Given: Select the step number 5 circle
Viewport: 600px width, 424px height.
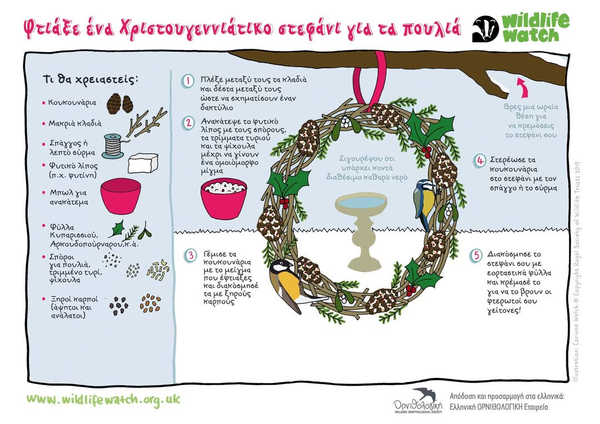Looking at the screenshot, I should point(476,256).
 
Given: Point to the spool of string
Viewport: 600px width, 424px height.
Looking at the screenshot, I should point(113,146).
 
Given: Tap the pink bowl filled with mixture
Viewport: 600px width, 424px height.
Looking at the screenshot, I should point(224,198).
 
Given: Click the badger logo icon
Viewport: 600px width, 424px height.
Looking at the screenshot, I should point(485,29).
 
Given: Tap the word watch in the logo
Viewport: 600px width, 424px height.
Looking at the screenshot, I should point(531,36).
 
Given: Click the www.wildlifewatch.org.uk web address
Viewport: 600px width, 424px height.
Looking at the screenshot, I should point(103,400).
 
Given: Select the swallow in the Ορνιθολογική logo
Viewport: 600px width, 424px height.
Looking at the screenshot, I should point(425,394).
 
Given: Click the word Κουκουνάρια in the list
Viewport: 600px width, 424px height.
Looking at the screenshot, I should point(72,103).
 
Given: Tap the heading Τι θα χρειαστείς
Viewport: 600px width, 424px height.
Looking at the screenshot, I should point(90,79).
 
